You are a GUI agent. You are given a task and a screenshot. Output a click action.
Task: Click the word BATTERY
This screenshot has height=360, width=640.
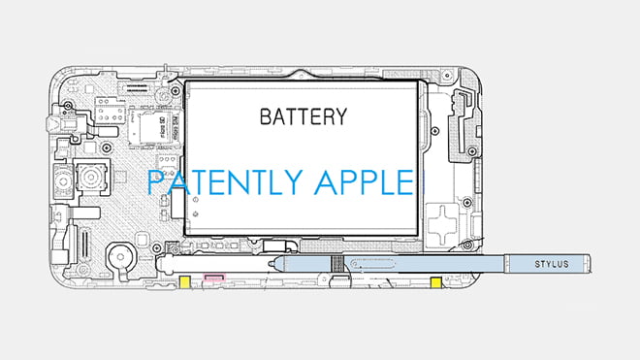(303, 117)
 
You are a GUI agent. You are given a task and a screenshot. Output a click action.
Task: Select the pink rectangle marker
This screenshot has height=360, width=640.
(211, 279)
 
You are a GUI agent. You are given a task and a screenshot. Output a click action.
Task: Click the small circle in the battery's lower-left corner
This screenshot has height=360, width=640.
(196, 203)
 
